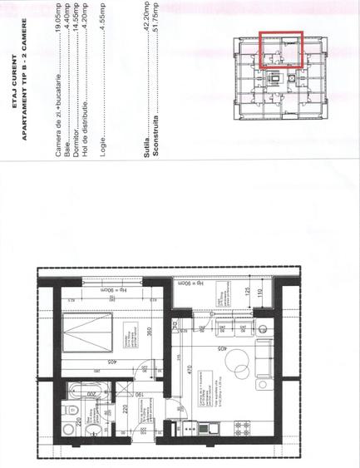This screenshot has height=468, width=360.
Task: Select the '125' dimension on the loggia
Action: tap(247, 291)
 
